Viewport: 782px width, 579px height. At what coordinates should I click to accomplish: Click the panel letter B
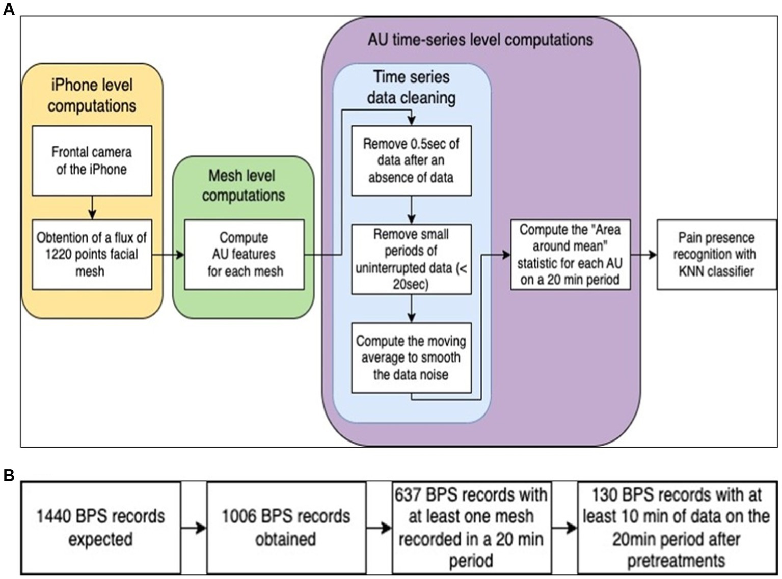click(x=9, y=475)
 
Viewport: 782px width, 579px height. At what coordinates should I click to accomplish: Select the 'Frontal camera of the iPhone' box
click(x=92, y=160)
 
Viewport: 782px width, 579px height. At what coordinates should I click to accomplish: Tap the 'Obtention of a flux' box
click(x=92, y=254)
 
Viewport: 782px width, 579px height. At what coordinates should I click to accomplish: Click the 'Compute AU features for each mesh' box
click(x=244, y=254)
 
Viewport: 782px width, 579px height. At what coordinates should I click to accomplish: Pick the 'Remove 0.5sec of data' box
click(x=411, y=160)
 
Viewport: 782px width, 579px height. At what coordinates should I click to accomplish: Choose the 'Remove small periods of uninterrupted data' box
click(x=411, y=259)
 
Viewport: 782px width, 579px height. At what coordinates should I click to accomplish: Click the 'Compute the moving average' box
click(x=411, y=357)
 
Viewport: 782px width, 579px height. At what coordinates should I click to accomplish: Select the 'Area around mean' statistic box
click(x=570, y=254)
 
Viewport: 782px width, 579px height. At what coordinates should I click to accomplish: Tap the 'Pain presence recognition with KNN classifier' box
click(x=716, y=254)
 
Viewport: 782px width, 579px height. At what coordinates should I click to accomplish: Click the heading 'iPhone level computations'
click(x=92, y=95)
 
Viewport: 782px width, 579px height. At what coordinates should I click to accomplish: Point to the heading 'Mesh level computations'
click(x=243, y=185)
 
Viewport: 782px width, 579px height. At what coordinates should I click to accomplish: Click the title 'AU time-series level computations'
click(x=480, y=40)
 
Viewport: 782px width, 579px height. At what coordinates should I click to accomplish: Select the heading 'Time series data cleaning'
click(x=412, y=87)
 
